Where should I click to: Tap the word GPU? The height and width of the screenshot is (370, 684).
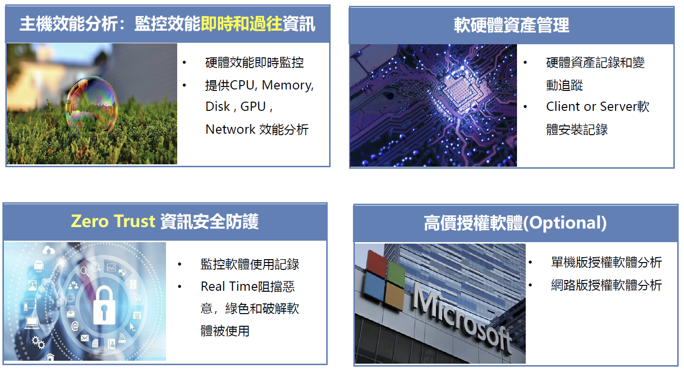tap(253, 106)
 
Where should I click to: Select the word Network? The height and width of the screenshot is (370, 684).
tap(230, 129)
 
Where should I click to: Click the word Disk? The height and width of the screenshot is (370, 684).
tap(217, 106)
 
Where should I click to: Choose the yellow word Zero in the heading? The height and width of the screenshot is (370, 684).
tap(89, 221)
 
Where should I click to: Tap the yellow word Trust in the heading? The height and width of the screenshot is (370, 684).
tap(134, 221)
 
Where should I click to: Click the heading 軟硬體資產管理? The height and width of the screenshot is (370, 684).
tap(512, 25)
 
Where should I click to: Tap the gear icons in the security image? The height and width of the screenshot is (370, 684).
tap(38, 342)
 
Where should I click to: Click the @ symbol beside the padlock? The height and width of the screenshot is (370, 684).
tap(75, 326)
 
